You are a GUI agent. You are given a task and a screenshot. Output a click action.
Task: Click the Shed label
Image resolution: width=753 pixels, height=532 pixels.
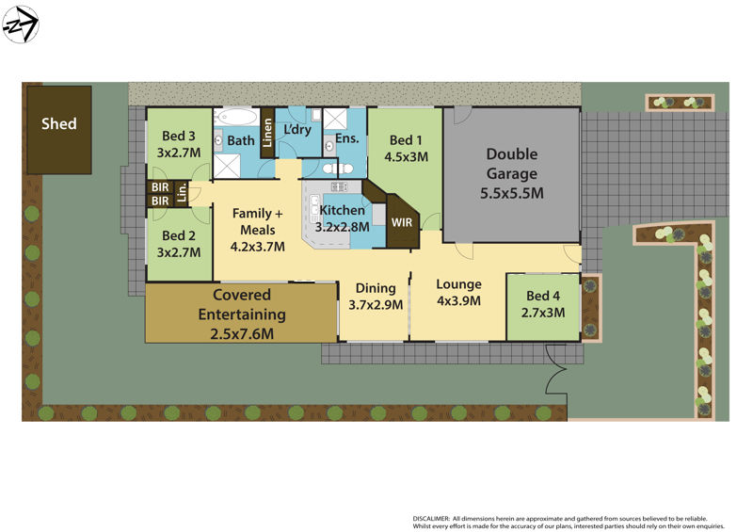(x=58, y=123)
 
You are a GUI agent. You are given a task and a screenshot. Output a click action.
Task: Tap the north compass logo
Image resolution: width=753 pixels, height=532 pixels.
(x=21, y=24)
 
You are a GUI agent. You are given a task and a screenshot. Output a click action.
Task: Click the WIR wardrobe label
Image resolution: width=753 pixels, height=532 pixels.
(x=402, y=222)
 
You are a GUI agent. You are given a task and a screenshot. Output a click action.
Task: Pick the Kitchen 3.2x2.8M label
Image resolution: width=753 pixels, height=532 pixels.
(x=341, y=218)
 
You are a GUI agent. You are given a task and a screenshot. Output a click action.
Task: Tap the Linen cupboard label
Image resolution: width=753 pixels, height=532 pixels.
(x=267, y=133)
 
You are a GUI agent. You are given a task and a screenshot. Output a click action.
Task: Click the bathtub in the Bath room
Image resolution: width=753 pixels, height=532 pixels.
(x=235, y=118)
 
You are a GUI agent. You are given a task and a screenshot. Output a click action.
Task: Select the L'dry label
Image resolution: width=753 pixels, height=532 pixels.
(x=296, y=129)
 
